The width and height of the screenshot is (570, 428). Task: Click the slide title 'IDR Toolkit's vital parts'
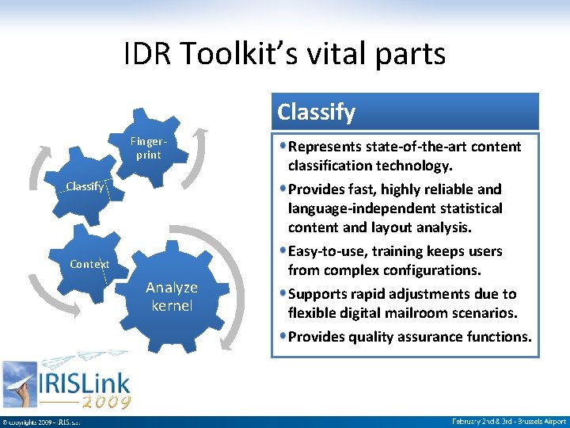[x=285, y=54]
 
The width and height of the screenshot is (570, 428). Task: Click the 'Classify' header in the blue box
[x=317, y=112]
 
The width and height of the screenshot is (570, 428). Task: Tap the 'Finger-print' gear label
[x=147, y=148]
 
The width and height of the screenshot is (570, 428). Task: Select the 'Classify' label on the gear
[x=84, y=186]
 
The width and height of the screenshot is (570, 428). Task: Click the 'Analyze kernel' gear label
[x=172, y=296]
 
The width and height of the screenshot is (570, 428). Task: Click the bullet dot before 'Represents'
[x=283, y=147]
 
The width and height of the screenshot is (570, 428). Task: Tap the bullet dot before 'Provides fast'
[x=283, y=189]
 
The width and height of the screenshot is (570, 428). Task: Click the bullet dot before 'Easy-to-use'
[x=283, y=251]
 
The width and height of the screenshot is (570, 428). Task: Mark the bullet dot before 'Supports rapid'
[x=283, y=294]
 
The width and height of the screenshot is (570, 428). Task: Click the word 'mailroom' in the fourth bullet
[x=446, y=313]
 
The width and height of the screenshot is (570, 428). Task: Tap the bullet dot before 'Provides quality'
[x=283, y=337]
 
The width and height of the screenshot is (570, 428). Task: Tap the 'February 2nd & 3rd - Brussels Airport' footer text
[x=509, y=421]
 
